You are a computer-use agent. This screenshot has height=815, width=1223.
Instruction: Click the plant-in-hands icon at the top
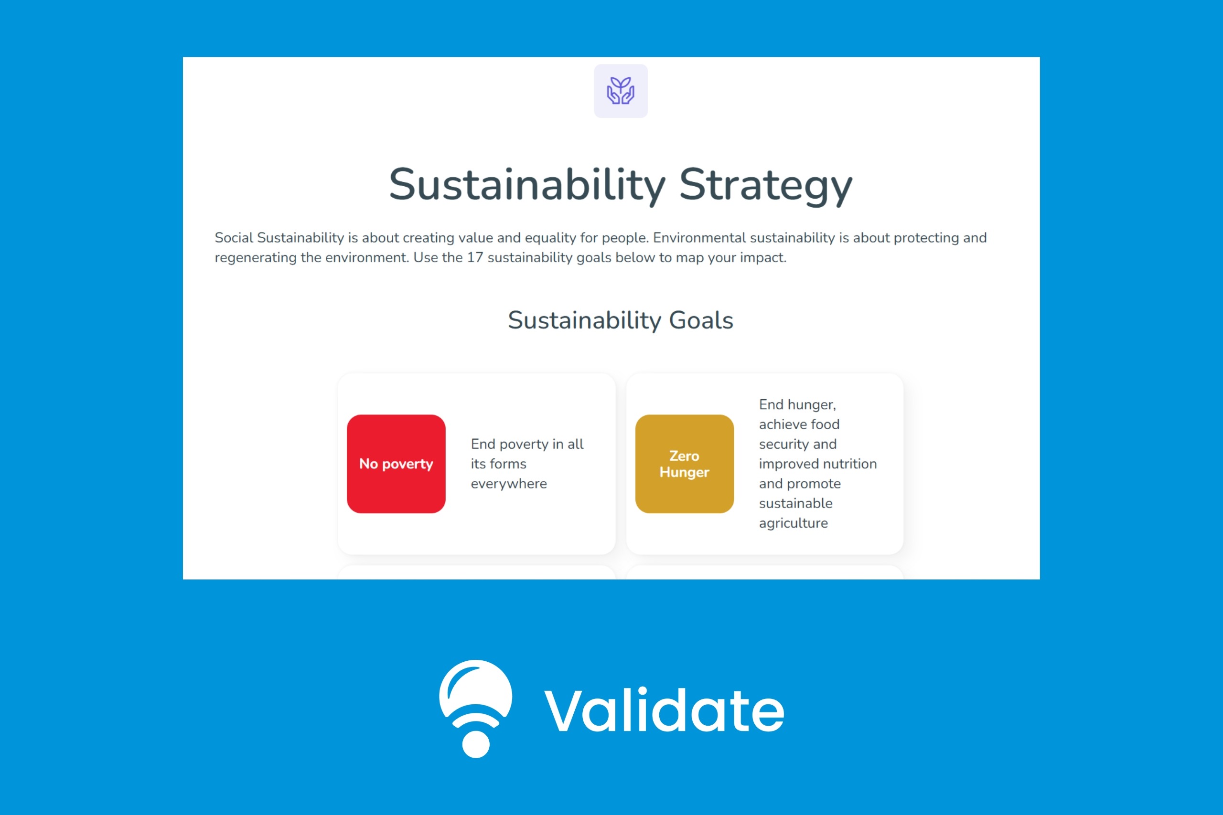621,91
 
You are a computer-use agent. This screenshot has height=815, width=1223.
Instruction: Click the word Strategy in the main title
766,186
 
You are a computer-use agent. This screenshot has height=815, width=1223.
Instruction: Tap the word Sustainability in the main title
527,186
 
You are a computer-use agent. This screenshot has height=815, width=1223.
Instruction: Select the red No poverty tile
396,464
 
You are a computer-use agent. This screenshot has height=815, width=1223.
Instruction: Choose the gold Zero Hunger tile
684,464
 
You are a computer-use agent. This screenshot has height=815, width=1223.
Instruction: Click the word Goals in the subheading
701,320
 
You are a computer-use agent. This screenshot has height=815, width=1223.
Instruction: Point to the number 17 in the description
475,258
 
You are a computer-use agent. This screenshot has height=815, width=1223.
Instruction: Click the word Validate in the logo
664,710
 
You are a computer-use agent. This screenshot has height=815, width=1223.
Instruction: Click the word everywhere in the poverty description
508,484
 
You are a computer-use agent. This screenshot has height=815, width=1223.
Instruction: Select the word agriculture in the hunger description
793,523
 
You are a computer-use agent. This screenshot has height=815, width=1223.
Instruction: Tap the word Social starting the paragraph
234,238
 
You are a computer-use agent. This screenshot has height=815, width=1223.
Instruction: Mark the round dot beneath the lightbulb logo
476,744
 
